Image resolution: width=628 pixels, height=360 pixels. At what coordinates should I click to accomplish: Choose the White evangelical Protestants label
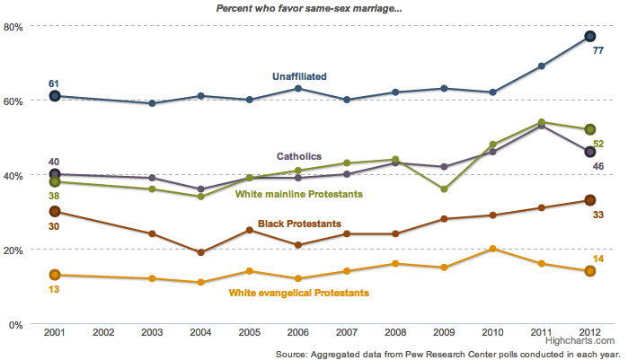click(x=299, y=293)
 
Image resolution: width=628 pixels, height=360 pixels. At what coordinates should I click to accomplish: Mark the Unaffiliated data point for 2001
click(x=55, y=96)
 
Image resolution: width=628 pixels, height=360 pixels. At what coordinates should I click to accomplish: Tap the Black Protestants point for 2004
click(x=201, y=252)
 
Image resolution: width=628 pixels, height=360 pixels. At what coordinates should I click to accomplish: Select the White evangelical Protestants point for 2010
click(x=492, y=249)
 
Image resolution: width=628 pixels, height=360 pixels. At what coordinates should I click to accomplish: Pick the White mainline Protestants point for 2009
click(x=444, y=189)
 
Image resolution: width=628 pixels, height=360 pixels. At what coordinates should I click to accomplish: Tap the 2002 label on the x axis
click(x=103, y=333)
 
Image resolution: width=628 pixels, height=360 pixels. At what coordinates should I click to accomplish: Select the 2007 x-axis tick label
click(x=347, y=333)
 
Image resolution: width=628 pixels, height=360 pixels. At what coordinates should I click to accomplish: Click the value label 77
click(x=597, y=51)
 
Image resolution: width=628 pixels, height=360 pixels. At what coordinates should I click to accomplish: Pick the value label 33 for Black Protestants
click(x=597, y=215)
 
